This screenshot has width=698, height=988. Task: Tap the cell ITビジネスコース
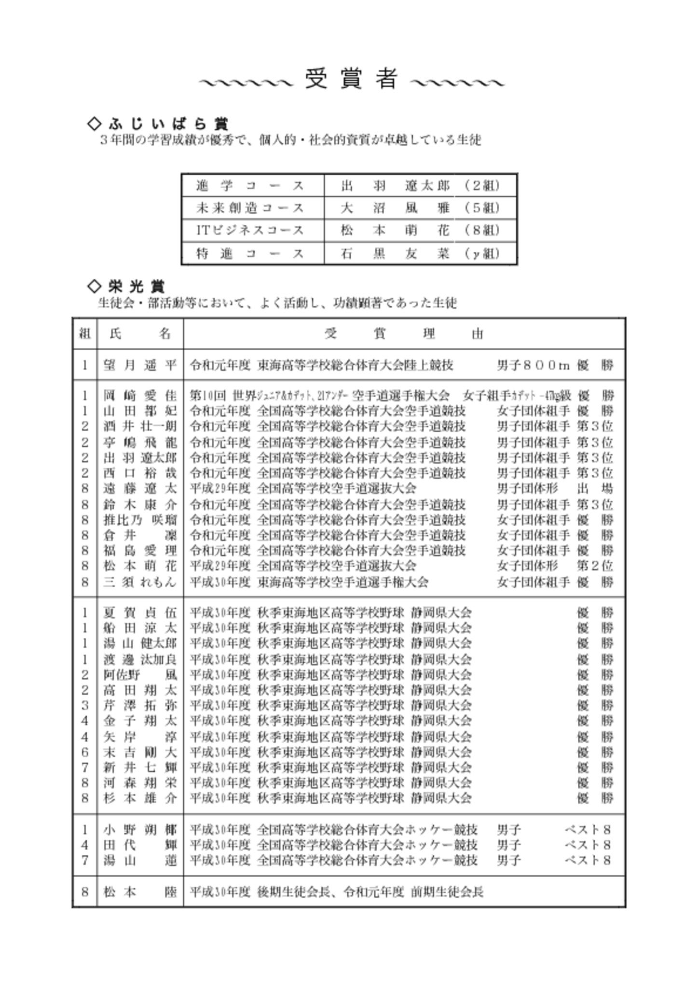coord(250,230)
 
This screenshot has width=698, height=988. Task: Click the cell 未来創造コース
coord(250,208)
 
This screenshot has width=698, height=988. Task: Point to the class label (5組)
coord(482,208)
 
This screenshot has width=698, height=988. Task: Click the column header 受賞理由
coord(404,333)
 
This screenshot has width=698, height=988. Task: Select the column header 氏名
coord(140,333)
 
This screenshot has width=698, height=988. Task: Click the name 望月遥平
coord(140,365)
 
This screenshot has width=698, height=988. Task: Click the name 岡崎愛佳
coord(140,396)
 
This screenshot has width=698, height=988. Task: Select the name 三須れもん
coord(140,581)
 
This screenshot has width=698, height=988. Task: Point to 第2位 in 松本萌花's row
coord(595,565)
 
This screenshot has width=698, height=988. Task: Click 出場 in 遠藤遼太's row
coord(595,489)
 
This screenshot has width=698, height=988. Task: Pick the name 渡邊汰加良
coord(140,659)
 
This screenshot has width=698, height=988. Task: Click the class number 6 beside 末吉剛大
coord(85,752)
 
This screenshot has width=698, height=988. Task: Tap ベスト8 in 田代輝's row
coord(588,845)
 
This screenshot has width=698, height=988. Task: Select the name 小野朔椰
coord(140,829)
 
